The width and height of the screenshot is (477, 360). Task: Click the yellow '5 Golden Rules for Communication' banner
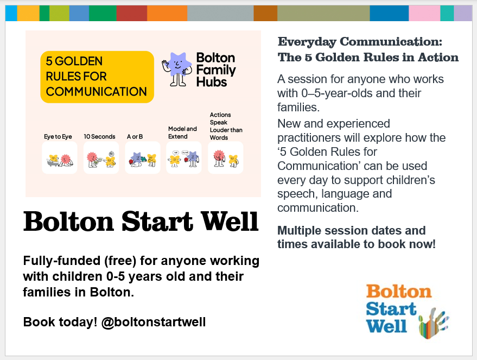pyautogui.click(x=97, y=77)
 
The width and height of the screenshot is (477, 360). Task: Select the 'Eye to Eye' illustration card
pyautogui.click(x=59, y=158)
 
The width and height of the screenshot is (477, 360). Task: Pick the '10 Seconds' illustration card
pyautogui.click(x=101, y=158)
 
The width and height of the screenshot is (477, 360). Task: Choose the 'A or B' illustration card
pyautogui.click(x=142, y=158)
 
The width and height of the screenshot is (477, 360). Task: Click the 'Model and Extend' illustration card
pyautogui.click(x=183, y=158)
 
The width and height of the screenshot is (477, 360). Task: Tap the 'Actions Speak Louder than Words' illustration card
pyautogui.click(x=226, y=158)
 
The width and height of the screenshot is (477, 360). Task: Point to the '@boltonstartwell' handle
pyautogui.click(x=154, y=322)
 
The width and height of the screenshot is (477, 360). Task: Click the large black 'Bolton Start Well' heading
pyautogui.click(x=141, y=221)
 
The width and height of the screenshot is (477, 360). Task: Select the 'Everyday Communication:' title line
pyautogui.click(x=360, y=42)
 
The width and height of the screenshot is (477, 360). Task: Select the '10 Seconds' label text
pyautogui.click(x=99, y=136)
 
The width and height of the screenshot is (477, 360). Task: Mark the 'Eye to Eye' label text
pyautogui.click(x=58, y=136)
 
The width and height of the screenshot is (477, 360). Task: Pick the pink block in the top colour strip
pyautogui.click(x=424, y=13)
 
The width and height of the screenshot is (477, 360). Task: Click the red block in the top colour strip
pyautogui.click(x=131, y=13)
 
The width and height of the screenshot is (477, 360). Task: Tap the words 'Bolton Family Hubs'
pyautogui.click(x=215, y=70)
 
